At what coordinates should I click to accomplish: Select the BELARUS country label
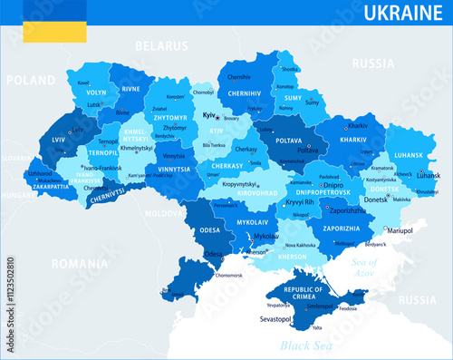coord(160,45)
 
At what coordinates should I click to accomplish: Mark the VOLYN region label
coord(97,92)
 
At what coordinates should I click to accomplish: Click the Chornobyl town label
coord(204,92)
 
